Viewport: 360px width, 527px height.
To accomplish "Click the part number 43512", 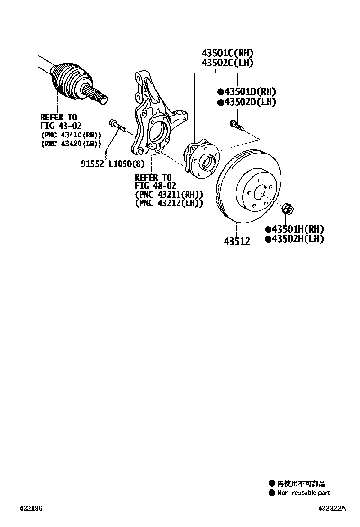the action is click(237, 241).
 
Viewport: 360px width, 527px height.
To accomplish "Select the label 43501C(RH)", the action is click(227, 53).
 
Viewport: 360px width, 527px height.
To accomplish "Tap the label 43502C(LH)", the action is click(227, 63).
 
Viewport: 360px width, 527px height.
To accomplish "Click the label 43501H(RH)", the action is click(297, 229).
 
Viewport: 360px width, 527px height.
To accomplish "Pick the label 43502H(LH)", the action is click(297, 239).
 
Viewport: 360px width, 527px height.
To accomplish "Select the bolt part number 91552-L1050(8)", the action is click(112, 164).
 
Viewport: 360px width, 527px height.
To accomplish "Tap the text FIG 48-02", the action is click(155, 186).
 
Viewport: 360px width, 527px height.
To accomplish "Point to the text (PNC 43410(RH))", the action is click(71, 135).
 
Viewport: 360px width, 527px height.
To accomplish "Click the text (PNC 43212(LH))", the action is click(169, 203).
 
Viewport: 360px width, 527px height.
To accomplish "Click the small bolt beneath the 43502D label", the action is click(235, 125).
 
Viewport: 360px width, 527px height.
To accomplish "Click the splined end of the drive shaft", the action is click(99, 98).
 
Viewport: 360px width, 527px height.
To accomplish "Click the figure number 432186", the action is click(31, 509).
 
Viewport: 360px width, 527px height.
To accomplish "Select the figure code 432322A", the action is click(332, 509).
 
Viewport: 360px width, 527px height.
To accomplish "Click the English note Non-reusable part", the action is click(303, 493).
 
